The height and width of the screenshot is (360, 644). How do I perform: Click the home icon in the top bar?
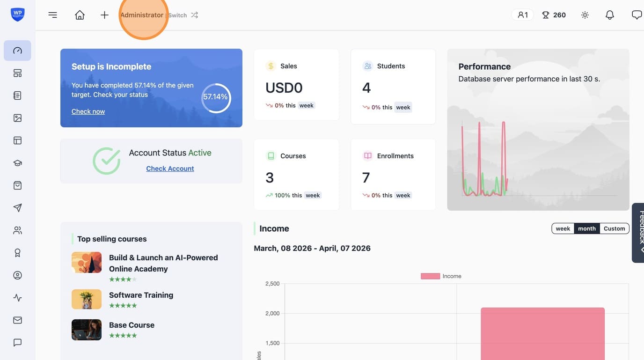(x=80, y=15)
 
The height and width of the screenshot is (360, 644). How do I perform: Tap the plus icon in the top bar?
(x=105, y=15)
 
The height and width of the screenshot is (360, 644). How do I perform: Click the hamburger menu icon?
(x=52, y=15)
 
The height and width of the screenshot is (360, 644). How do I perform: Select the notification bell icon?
(x=609, y=15)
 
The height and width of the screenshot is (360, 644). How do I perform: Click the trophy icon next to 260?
(x=545, y=15)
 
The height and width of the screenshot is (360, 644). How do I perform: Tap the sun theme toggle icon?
(x=585, y=15)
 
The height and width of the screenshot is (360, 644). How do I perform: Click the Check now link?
(x=88, y=111)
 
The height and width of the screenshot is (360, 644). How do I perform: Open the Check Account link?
(x=170, y=169)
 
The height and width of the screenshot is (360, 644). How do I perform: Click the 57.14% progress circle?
(x=216, y=84)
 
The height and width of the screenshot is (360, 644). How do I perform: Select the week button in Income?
(x=563, y=228)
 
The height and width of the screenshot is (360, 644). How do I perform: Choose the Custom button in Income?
(x=614, y=228)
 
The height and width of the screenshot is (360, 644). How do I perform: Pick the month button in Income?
(x=587, y=228)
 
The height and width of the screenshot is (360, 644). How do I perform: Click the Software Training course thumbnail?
(x=87, y=299)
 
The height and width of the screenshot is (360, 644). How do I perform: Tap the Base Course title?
(x=132, y=325)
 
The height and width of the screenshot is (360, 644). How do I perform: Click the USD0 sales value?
(x=284, y=88)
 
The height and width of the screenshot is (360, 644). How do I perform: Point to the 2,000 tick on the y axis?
(x=272, y=313)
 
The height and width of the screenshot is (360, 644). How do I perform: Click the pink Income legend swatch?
(x=430, y=276)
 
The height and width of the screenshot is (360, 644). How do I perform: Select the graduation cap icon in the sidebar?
(x=17, y=163)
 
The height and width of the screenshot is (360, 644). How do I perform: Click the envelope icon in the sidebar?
(x=17, y=320)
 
